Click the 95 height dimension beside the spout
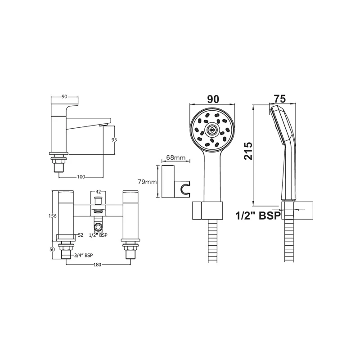[114, 139]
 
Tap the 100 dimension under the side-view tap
[81, 177]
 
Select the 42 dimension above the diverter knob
[98, 192]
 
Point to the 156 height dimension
[53, 216]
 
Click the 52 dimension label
[81, 235]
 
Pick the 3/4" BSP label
[83, 255]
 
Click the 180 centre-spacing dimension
[97, 265]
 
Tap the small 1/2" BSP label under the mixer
[98, 235]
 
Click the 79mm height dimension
[147, 182]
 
